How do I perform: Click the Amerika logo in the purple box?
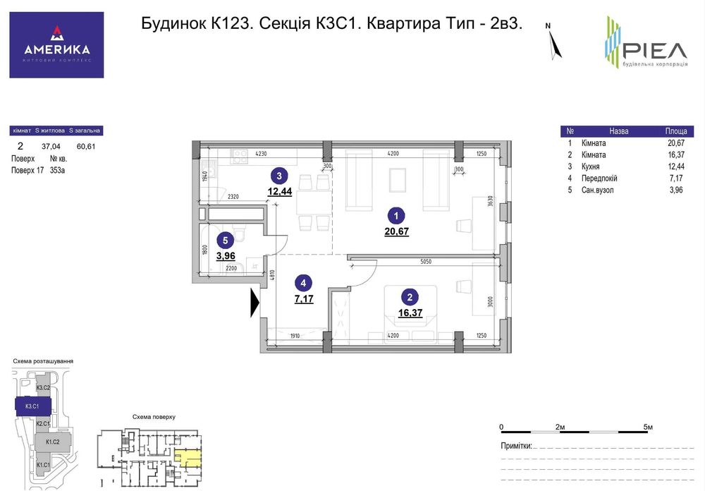56,44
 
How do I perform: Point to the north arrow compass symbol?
555,44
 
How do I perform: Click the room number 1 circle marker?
396,217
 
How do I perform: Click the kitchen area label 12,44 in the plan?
279,190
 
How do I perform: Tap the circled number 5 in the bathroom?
223,239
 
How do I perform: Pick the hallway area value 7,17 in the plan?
303,299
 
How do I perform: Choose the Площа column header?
676,131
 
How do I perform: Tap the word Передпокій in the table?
599,178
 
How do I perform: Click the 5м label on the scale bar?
648,428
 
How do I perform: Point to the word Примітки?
515,446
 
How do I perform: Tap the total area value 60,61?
86,147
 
